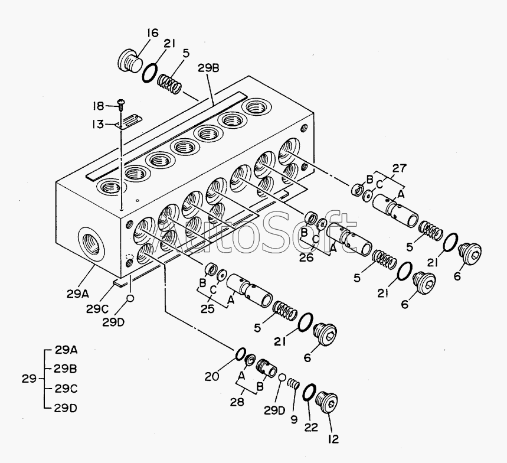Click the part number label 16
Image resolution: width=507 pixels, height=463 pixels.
pyautogui.click(x=153, y=32)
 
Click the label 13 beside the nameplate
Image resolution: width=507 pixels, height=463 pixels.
pyautogui.click(x=97, y=124)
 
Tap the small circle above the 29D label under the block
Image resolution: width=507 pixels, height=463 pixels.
pyautogui.click(x=130, y=298)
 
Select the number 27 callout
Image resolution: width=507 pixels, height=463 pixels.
pyautogui.click(x=400, y=168)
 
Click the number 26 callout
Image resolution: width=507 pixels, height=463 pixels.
pyautogui.click(x=306, y=257)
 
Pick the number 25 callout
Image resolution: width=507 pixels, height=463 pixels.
pyautogui.click(x=207, y=309)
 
